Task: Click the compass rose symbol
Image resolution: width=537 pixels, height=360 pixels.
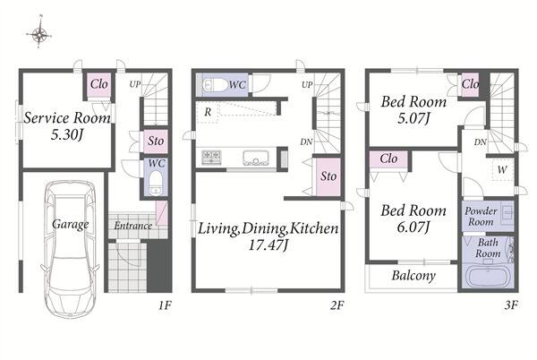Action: [x=39, y=33]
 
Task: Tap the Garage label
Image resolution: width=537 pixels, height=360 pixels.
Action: [x=70, y=225]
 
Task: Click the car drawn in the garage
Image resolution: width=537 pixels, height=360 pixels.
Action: [x=70, y=249]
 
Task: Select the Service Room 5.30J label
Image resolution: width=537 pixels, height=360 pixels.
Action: [x=67, y=125]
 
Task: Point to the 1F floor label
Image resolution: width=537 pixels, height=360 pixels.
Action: [x=165, y=304]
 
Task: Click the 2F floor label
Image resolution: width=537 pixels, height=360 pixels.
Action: [x=337, y=304]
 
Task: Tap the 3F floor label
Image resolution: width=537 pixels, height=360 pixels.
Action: [x=511, y=304]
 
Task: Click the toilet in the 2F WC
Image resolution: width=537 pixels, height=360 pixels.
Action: [x=215, y=84]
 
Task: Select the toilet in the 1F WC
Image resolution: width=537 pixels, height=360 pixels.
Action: [x=156, y=183]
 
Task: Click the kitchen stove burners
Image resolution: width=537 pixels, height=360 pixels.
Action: [x=211, y=158]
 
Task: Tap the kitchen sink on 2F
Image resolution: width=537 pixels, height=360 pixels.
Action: [x=256, y=158]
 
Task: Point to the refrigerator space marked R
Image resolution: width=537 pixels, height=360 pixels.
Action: [x=208, y=112]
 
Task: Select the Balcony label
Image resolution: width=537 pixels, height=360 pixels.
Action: [x=413, y=276]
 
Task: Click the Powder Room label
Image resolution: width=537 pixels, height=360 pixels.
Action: [x=481, y=217]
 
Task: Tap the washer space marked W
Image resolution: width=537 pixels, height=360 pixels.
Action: [x=502, y=169]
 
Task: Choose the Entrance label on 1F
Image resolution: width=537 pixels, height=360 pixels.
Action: [x=132, y=226]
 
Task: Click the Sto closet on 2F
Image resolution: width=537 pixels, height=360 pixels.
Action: [x=328, y=176]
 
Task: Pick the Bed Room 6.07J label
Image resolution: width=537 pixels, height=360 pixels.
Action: [x=413, y=219]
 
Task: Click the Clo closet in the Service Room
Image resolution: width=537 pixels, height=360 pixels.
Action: [x=99, y=84]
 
